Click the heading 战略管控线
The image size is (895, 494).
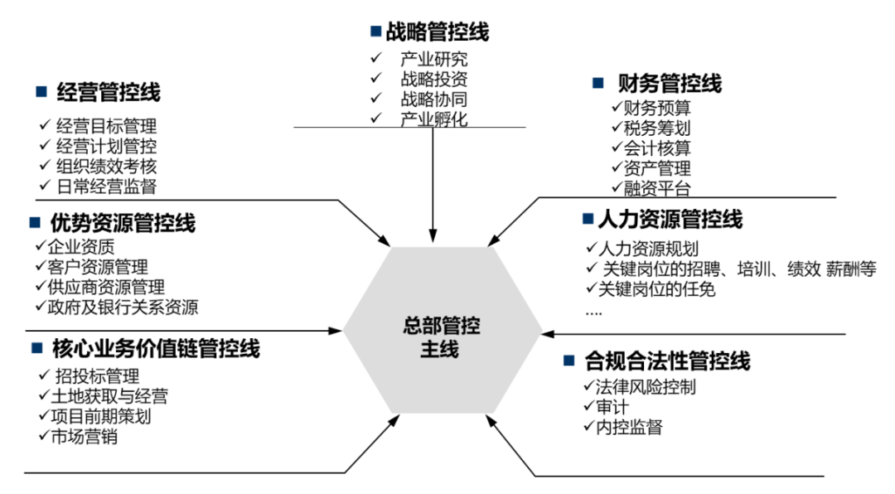[437, 32]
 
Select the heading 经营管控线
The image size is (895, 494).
[109, 92]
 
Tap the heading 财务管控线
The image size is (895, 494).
[670, 84]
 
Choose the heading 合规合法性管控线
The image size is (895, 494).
[667, 361]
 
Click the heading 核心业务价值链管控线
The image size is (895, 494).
[156, 349]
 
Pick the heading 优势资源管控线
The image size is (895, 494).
[123, 224]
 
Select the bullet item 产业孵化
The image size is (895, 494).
[433, 119]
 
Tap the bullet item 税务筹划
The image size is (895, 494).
[657, 128]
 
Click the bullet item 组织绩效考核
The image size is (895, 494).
[106, 166]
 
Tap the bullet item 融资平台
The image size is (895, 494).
[657, 187]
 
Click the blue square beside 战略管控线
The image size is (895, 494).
[375, 31]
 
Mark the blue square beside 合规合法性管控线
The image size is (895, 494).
[568, 361]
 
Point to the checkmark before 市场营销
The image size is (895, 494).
[45, 436]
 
